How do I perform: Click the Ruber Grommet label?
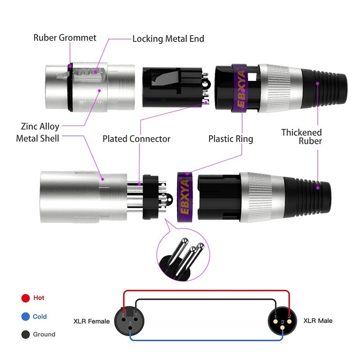pyautogui.click(x=65, y=37)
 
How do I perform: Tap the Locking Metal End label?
pyautogui.click(x=168, y=39)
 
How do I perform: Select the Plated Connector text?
pyautogui.click(x=136, y=139)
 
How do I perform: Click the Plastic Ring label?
pyautogui.click(x=230, y=139)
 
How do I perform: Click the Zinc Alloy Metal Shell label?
pyautogui.click(x=38, y=133)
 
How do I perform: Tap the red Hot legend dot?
pyautogui.click(x=26, y=298)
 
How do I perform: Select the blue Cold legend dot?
pyautogui.click(x=26, y=317)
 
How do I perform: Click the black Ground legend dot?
pyautogui.click(x=26, y=335)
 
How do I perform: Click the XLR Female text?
pyautogui.click(x=91, y=321)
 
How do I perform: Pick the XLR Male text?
pyautogui.click(x=318, y=320)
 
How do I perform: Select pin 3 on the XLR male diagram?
pyautogui.click(x=283, y=322)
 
